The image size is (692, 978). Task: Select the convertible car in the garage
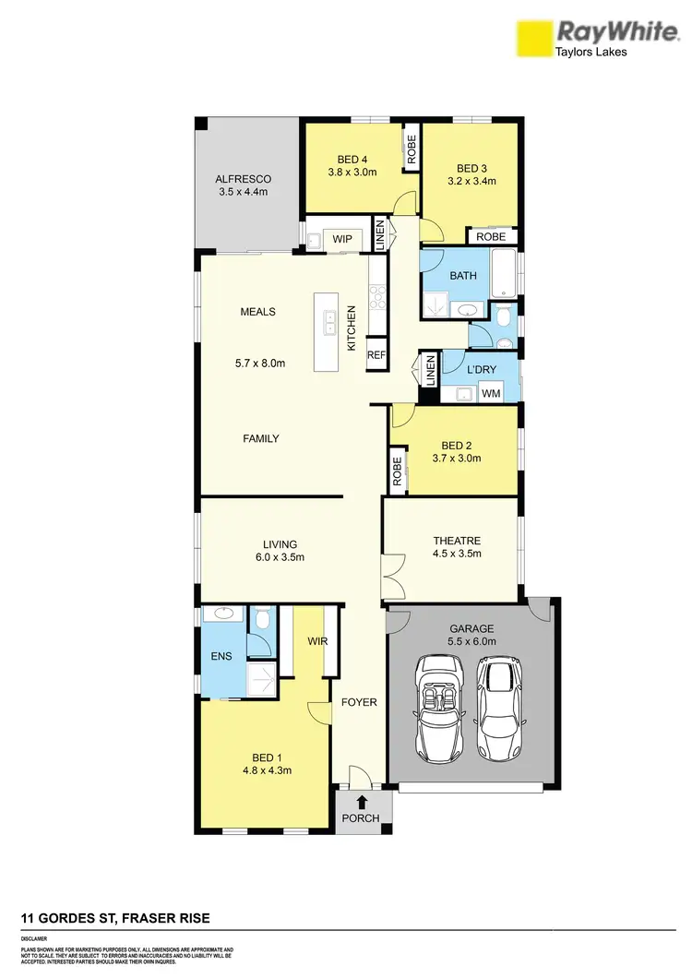pyautogui.click(x=438, y=704)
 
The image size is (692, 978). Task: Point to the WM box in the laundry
pyautogui.click(x=492, y=394)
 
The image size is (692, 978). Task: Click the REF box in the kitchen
pyautogui.click(x=376, y=355)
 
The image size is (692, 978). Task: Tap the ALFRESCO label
pyautogui.click(x=241, y=179)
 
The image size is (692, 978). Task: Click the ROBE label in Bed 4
pyautogui.click(x=412, y=149)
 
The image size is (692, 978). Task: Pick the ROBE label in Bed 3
pyautogui.click(x=491, y=236)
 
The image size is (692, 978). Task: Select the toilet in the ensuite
pyautogui.click(x=263, y=619)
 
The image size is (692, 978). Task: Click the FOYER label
pyautogui.click(x=359, y=702)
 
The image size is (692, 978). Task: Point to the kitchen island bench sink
pyautogui.click(x=328, y=324)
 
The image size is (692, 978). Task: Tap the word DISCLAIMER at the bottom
pyautogui.click(x=34, y=937)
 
